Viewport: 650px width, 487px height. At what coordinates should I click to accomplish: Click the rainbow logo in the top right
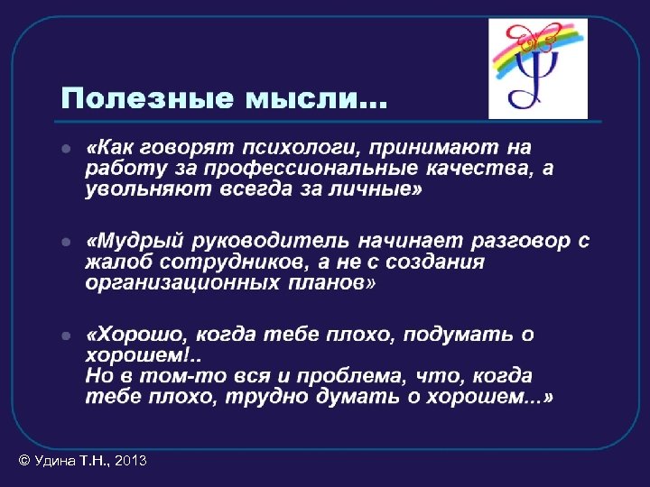click(x=538, y=69)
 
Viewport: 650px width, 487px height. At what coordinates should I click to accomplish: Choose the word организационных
click(x=181, y=283)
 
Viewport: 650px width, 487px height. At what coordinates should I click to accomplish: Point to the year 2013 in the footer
click(x=131, y=461)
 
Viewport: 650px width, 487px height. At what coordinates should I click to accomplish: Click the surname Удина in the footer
click(x=54, y=461)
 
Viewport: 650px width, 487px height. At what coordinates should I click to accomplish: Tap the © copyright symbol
click(x=24, y=461)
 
